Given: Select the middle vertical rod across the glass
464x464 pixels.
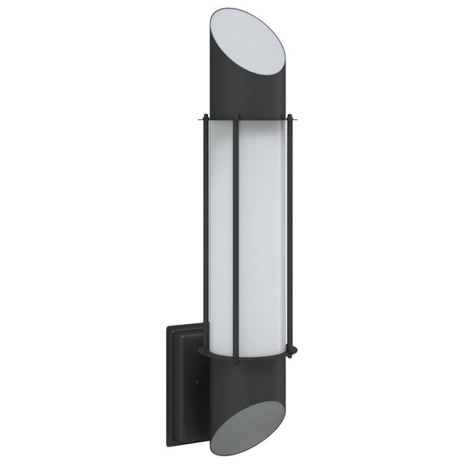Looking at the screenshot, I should [235, 235].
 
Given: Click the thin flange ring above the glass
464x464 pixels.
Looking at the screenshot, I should [248, 119].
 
